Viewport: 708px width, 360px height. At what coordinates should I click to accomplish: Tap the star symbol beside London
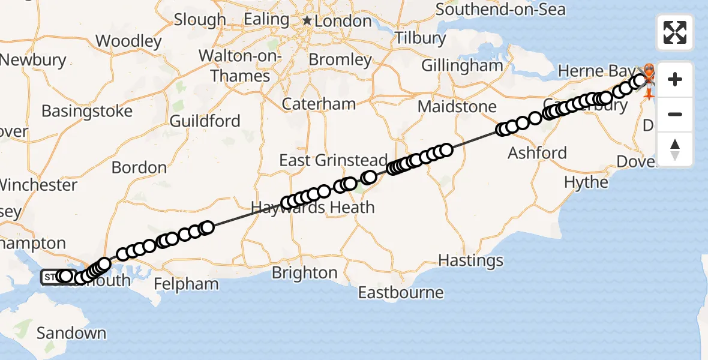307,21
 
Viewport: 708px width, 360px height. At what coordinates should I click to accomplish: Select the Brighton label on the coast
304,273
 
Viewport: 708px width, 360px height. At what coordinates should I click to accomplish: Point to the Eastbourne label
401,293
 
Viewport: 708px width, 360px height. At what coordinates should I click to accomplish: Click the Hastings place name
471,260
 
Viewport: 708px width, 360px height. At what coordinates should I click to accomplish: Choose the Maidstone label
457,107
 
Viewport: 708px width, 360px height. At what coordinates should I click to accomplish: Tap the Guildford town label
205,121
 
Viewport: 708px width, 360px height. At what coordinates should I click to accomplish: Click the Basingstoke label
87,112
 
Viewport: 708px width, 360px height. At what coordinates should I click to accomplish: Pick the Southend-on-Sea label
500,10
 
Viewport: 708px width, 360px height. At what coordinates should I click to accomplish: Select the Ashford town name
538,153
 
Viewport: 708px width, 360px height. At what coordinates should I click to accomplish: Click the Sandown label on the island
71,333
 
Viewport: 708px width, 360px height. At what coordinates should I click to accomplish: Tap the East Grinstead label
334,161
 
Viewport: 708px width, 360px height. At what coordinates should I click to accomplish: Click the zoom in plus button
675,79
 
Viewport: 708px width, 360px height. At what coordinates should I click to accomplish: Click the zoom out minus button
675,114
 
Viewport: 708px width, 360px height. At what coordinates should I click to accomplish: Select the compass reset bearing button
675,149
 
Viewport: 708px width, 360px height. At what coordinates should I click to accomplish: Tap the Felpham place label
187,283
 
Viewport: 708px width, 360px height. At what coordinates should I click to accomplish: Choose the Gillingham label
462,65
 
